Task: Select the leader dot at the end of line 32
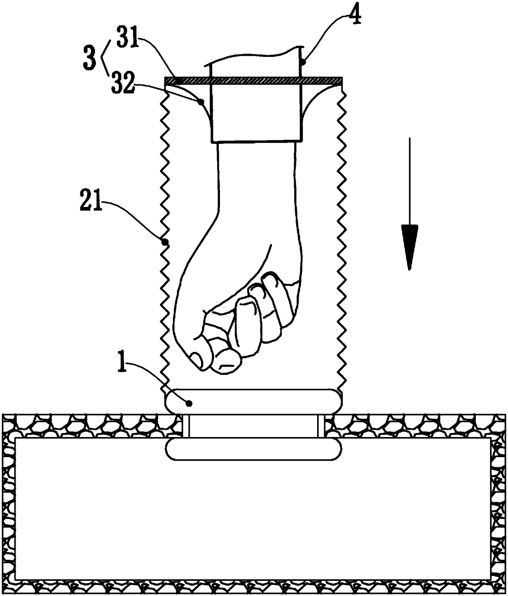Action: (200, 101)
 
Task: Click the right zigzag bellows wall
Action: (341, 238)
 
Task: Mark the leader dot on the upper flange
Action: (189, 403)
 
